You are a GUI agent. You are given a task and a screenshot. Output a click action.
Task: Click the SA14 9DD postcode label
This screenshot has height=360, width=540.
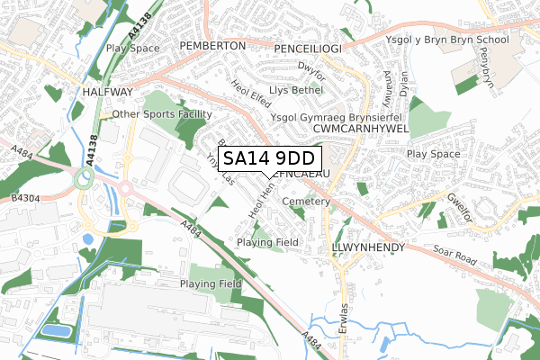click(x=268, y=158)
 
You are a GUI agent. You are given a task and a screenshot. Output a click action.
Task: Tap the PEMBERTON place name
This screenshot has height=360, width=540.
click(x=212, y=45)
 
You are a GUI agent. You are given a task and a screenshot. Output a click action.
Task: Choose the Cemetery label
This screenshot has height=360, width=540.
click(x=306, y=202)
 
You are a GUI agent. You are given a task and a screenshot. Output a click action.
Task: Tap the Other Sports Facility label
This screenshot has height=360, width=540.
click(x=161, y=115)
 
